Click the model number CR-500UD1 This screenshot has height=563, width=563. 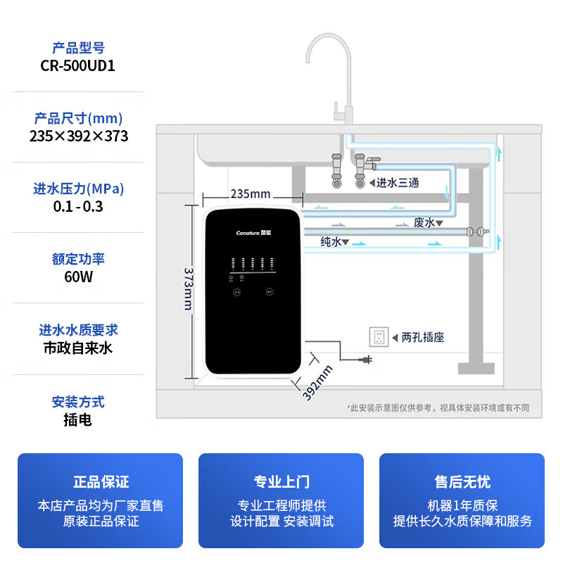pyautogui.click(x=79, y=65)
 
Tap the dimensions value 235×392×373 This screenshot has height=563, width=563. pyautogui.click(x=79, y=136)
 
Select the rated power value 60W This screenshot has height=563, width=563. pyautogui.click(x=79, y=277)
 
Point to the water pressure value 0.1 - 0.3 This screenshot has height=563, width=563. pyautogui.click(x=79, y=206)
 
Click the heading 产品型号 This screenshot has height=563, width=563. pyautogui.click(x=79, y=48)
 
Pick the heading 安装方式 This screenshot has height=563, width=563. pyautogui.click(x=79, y=402)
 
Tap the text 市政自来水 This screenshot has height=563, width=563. pyautogui.click(x=79, y=348)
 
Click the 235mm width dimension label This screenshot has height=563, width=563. pyautogui.click(x=251, y=194)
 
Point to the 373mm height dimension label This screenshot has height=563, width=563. pyautogui.click(x=189, y=287)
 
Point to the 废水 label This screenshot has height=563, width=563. pyautogui.click(x=424, y=223)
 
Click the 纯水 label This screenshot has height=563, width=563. pyautogui.click(x=331, y=241)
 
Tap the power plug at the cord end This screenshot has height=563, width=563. pyautogui.click(x=366, y=361)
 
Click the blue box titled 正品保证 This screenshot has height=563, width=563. pyautogui.click(x=100, y=500)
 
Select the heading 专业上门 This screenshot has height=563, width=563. pyautogui.click(x=281, y=482)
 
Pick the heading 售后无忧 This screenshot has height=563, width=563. pyautogui.click(x=462, y=482)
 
